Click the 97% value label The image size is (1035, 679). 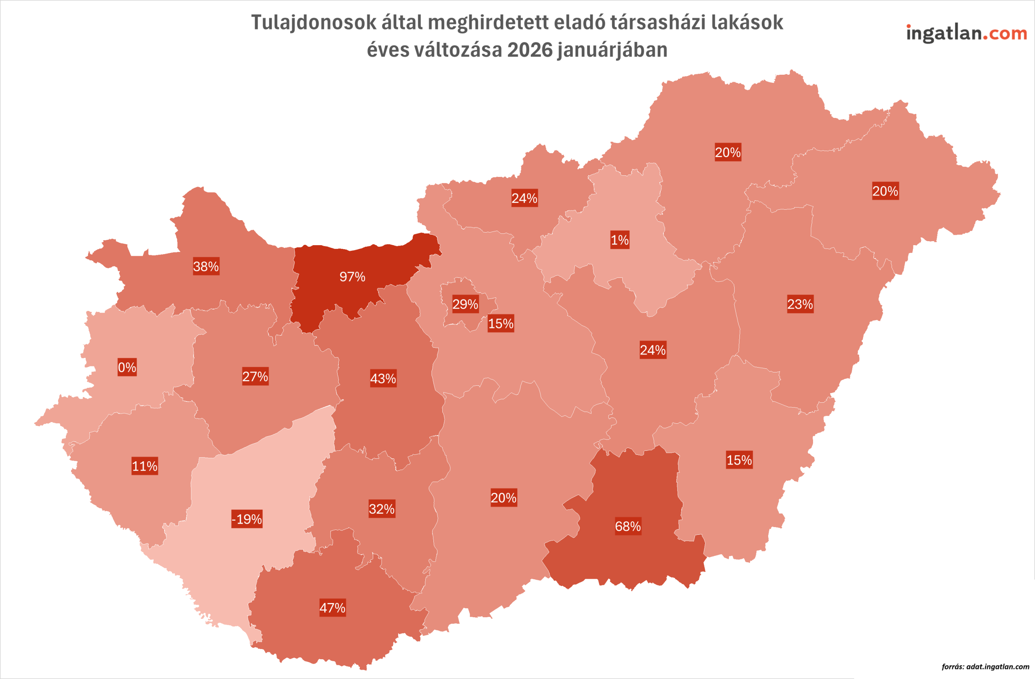pyautogui.click(x=352, y=277)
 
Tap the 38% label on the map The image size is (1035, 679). pyautogui.click(x=206, y=266)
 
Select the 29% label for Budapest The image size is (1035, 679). pyautogui.click(x=465, y=304)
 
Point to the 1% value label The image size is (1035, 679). pyautogui.click(x=620, y=240)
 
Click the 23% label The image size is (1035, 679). pyautogui.click(x=800, y=304)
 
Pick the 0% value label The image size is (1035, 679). pyautogui.click(x=127, y=368)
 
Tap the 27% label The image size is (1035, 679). pyautogui.click(x=255, y=376)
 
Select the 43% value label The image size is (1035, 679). pyautogui.click(x=383, y=378)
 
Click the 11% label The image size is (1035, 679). pyautogui.click(x=145, y=466)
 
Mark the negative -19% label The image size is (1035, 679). pyautogui.click(x=247, y=519)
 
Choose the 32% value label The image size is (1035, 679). pyautogui.click(x=382, y=509)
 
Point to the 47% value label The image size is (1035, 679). pyautogui.click(x=333, y=608)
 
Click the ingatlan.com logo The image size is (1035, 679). pyautogui.click(x=966, y=34)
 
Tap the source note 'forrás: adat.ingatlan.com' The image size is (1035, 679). pyautogui.click(x=985, y=667)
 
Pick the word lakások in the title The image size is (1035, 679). pyautogui.click(x=747, y=23)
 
